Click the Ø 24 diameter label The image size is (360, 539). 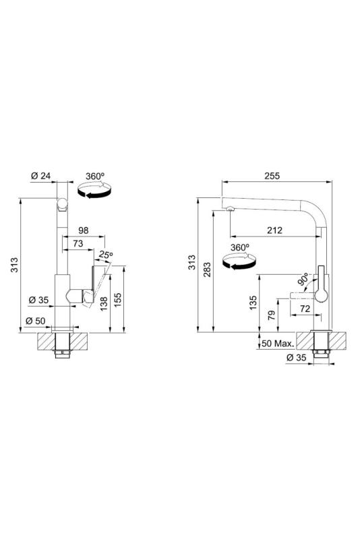coord(41,176)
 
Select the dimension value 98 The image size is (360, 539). coord(84,231)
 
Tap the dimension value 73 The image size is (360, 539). coord(78,243)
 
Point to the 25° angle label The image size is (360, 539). coord(105,255)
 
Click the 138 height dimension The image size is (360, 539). coord(103,303)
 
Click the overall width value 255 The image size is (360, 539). coord(271,176)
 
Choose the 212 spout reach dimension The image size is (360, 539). coord(274,230)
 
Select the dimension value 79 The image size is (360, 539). coord(270,314)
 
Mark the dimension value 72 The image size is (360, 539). coord(304,308)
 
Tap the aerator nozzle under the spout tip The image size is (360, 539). coord(230,208)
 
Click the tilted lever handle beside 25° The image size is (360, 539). coord(94,283)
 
